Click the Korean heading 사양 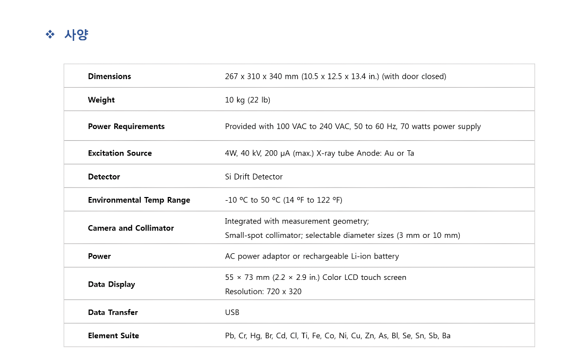click(76, 35)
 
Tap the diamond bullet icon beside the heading click(50, 35)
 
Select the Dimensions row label click(109, 76)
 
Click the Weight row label click(101, 100)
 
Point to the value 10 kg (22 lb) click(247, 100)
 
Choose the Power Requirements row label click(126, 126)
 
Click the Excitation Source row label click(120, 153)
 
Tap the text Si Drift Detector click(254, 177)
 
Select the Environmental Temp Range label click(139, 200)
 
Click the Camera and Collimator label click(131, 228)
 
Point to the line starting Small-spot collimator click(342, 235)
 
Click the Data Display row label click(111, 284)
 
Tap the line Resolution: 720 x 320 click(263, 292)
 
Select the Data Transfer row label click(113, 312)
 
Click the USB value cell click(232, 312)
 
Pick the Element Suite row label click(114, 336)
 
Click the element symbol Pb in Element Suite click(230, 336)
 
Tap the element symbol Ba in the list click(446, 336)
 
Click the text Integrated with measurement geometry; click(297, 221)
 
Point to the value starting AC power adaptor click(312, 256)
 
